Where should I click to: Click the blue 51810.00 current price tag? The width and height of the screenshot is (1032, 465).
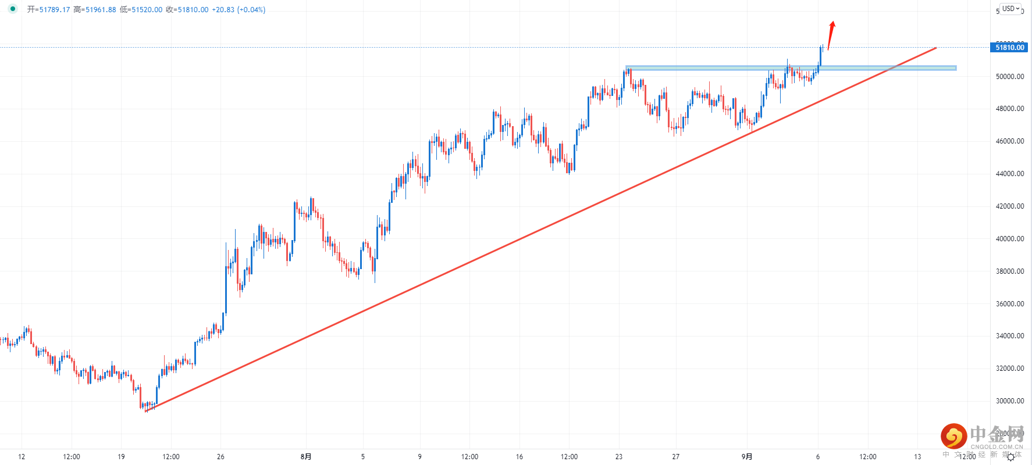click(x=1009, y=48)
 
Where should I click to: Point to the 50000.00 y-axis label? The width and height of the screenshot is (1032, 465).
click(x=1009, y=77)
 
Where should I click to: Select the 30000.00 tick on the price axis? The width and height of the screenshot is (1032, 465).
click(x=1009, y=401)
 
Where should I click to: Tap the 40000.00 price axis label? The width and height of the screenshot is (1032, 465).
click(x=1009, y=239)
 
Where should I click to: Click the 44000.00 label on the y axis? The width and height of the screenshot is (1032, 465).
click(x=1009, y=174)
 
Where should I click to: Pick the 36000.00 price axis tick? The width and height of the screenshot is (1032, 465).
click(x=1009, y=304)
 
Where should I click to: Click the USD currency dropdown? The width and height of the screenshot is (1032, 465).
click(x=1010, y=9)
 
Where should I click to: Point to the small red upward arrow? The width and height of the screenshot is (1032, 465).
click(x=831, y=34)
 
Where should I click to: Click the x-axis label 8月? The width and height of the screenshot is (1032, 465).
click(x=306, y=457)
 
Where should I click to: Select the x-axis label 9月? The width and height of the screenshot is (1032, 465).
click(x=747, y=457)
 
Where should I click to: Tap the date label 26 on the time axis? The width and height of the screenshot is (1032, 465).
click(x=220, y=457)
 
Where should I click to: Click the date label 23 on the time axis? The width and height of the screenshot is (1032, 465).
click(x=619, y=457)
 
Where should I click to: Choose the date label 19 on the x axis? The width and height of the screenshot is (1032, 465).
click(x=121, y=457)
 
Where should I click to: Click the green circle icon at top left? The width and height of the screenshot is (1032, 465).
click(x=13, y=9)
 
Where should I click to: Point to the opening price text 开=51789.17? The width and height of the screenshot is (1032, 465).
click(x=48, y=10)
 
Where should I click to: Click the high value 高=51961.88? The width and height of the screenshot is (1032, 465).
click(x=95, y=10)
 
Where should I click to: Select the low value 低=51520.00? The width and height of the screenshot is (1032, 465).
click(x=141, y=10)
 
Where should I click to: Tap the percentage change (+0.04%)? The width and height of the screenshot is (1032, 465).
click(x=251, y=10)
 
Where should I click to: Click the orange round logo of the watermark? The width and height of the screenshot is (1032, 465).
click(x=953, y=436)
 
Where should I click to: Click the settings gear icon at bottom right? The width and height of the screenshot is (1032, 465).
click(x=1010, y=457)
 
